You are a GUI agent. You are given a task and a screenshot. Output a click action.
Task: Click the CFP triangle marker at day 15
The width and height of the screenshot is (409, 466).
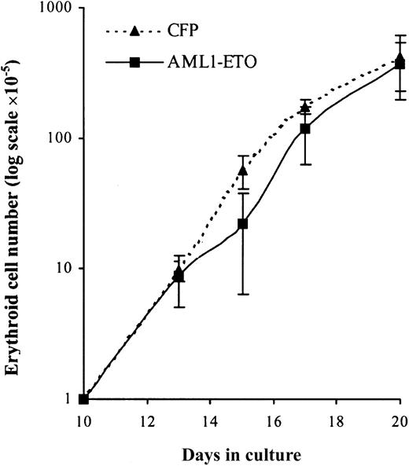pos(242,170)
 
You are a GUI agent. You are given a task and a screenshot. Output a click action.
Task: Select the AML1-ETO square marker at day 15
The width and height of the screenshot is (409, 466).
pos(242,223)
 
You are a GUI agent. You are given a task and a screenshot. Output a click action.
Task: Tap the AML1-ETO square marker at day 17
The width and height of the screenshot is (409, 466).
pos(305,128)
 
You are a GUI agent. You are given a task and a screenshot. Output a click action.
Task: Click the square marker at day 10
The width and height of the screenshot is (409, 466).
pos(84,398)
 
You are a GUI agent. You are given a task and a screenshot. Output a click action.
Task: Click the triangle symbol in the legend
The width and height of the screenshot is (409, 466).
pos(134,32)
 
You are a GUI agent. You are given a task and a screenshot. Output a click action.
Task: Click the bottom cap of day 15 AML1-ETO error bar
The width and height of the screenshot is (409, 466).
pos(242,294)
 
